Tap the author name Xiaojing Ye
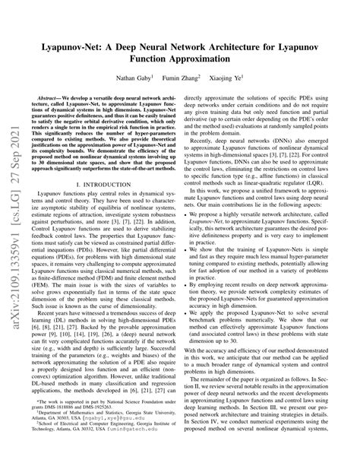[232, 79]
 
